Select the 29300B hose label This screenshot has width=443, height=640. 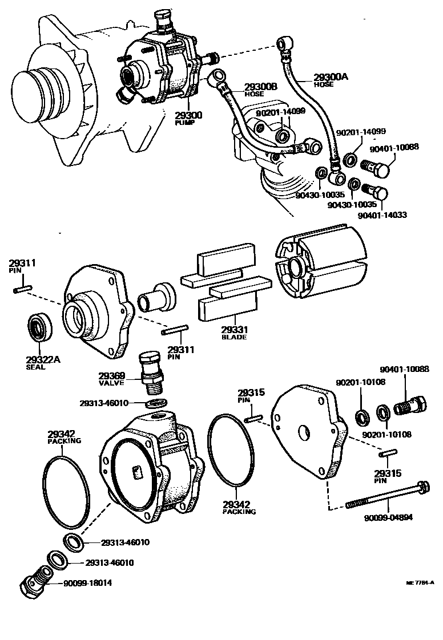260,87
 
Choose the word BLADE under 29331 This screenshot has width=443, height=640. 233,337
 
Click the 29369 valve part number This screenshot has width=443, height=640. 111,375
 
